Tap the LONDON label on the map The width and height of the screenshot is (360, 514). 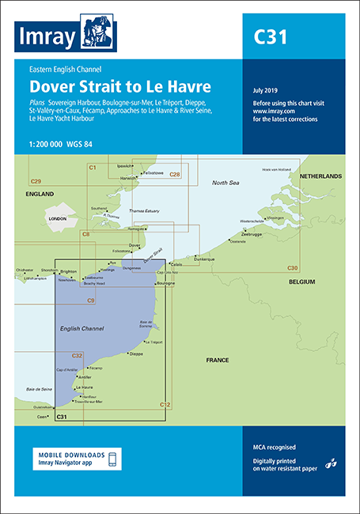(x=57, y=217)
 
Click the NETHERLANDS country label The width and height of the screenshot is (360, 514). (x=319, y=176)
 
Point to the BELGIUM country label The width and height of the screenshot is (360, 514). (x=301, y=282)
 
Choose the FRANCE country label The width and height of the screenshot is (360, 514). (x=217, y=360)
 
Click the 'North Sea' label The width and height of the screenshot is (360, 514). (x=223, y=183)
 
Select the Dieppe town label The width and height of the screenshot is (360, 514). (x=136, y=354)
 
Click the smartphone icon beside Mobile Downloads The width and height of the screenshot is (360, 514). (x=112, y=459)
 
